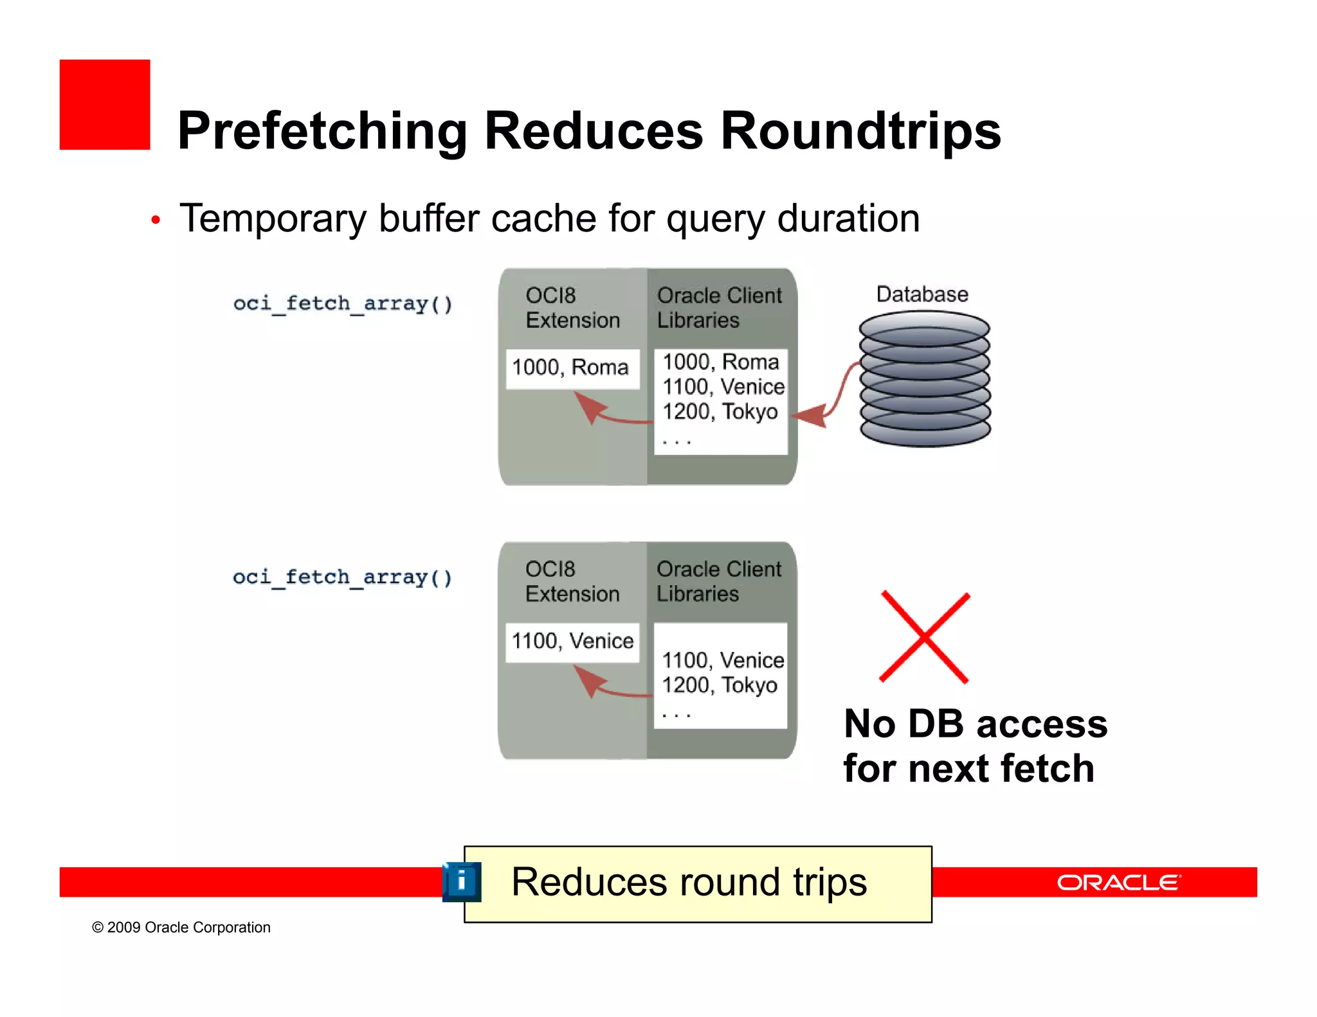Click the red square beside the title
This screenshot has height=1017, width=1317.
coord(105,105)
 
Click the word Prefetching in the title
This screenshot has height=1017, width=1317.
coord(322,132)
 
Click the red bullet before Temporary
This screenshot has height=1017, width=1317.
coord(155,221)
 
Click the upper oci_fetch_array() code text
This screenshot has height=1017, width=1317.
coord(343,303)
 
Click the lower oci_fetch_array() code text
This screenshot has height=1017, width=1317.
coord(343,577)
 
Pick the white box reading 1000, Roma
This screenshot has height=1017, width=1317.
coord(572,368)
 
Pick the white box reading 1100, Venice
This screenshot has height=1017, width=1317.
coord(572,642)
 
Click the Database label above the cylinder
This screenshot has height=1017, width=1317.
coord(922,294)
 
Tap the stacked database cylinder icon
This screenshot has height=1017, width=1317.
coord(925,379)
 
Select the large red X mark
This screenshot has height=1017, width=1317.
coord(924,636)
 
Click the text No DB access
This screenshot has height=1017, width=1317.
coord(975,724)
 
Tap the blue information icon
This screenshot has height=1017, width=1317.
coord(462,881)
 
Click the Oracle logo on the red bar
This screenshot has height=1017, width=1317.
coord(1118,883)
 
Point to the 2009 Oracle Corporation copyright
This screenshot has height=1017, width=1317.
coord(181,927)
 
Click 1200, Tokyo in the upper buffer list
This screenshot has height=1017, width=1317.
coord(720,411)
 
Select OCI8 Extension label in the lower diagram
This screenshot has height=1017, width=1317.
coord(572,581)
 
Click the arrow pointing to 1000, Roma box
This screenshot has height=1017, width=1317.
coord(608,415)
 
